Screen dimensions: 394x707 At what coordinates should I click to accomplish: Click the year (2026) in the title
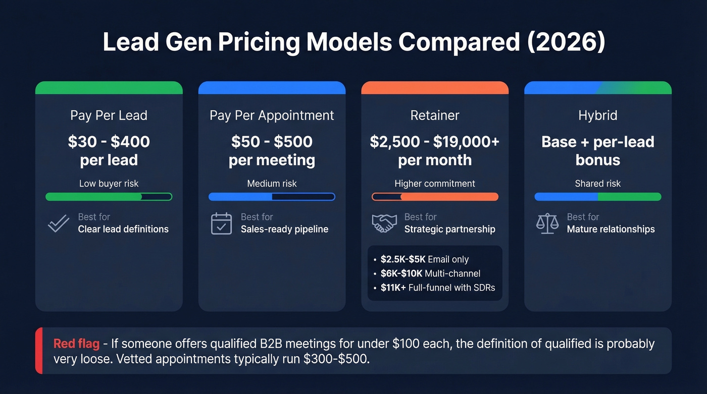click(566, 41)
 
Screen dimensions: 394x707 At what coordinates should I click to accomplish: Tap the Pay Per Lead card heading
click(109, 115)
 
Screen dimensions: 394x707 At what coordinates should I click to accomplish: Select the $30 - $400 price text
click(109, 142)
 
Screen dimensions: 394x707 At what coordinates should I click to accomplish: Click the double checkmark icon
click(59, 223)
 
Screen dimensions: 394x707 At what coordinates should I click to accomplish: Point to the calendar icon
click(221, 223)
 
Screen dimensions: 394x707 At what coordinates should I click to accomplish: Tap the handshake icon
click(384, 223)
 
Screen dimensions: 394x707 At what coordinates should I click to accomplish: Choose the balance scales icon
click(547, 223)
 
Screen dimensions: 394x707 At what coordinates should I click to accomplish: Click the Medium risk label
click(272, 184)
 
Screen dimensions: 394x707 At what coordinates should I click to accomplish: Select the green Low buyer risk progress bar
click(109, 197)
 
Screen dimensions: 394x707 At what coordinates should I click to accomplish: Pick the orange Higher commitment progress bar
click(435, 197)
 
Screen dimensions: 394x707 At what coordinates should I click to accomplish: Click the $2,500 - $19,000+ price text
click(435, 142)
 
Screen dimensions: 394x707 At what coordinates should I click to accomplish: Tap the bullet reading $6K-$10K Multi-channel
click(430, 273)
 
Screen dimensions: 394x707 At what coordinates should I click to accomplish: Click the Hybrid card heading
click(597, 115)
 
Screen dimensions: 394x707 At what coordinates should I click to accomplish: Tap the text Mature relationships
click(611, 229)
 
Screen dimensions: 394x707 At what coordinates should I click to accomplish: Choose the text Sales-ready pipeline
click(284, 229)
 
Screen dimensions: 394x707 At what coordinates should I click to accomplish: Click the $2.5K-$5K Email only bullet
click(424, 259)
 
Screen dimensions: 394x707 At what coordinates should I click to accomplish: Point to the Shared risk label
click(597, 184)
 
